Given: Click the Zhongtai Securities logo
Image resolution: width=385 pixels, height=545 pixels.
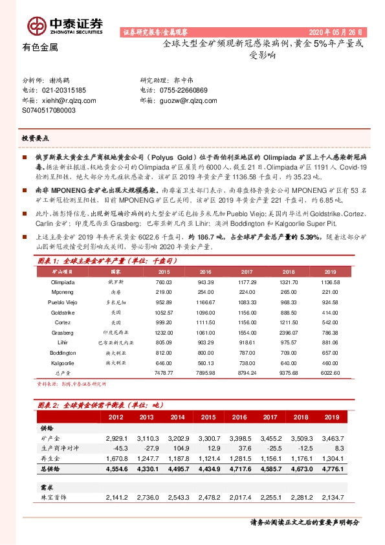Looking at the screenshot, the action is click(65, 25).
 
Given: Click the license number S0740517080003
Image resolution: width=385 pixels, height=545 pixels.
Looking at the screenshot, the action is click(49, 110).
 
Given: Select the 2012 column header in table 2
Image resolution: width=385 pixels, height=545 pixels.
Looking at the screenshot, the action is click(116, 417).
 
